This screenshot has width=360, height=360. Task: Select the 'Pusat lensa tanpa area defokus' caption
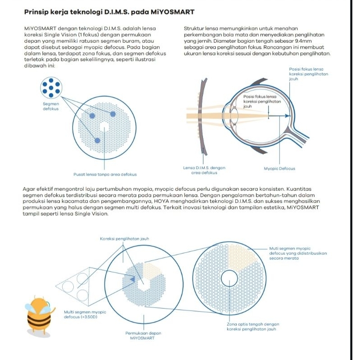pos(105,174)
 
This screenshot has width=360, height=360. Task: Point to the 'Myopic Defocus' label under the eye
pos(279,169)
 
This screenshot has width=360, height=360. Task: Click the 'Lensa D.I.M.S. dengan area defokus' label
pos(204,170)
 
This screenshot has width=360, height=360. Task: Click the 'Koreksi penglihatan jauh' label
pos(124,238)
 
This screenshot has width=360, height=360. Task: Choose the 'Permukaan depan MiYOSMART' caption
pos(144,335)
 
